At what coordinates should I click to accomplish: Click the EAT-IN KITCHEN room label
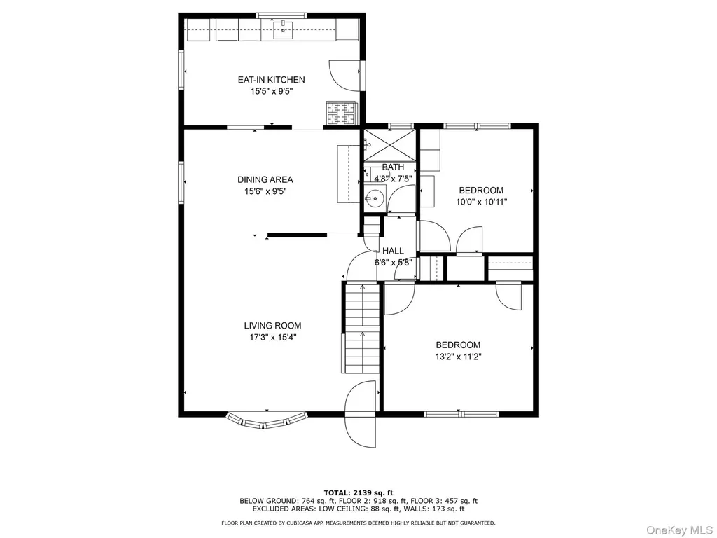point(271,80)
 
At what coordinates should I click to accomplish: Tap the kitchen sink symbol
point(284,29)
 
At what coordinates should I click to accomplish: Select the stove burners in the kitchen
point(340,113)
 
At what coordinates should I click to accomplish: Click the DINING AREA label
point(265,180)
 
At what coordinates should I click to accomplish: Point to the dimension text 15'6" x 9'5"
point(265,192)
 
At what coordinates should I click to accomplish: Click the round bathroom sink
point(375,198)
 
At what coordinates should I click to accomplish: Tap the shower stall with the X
point(389,145)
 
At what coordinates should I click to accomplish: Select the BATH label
point(393,167)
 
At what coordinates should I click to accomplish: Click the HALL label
point(393,251)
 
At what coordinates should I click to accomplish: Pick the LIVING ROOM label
point(272,326)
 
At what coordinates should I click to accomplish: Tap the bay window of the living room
point(267,421)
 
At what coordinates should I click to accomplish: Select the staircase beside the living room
point(362,328)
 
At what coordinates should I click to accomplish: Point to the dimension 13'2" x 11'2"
point(458,357)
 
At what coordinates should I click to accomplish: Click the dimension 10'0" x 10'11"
point(482,202)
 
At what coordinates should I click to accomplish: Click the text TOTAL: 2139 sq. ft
point(358,492)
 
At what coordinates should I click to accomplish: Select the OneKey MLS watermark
point(679,530)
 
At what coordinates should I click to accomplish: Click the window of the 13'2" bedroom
point(461,415)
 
